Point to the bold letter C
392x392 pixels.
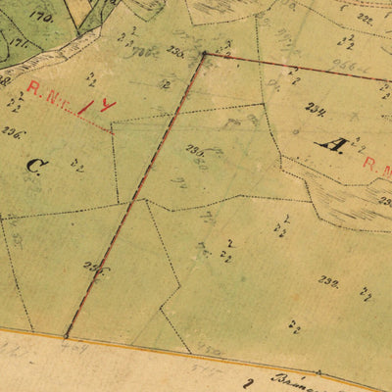(31, 166)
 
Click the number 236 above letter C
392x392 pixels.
(12, 130)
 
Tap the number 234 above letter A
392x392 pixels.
(315, 109)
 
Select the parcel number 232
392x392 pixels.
(327, 280)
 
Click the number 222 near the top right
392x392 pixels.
(365, 18)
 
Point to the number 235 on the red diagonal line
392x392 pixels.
(93, 265)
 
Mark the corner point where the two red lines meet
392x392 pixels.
(204, 55)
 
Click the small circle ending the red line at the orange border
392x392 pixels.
(67, 335)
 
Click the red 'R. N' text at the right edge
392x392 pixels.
(377, 163)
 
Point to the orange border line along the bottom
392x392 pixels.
(196, 355)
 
